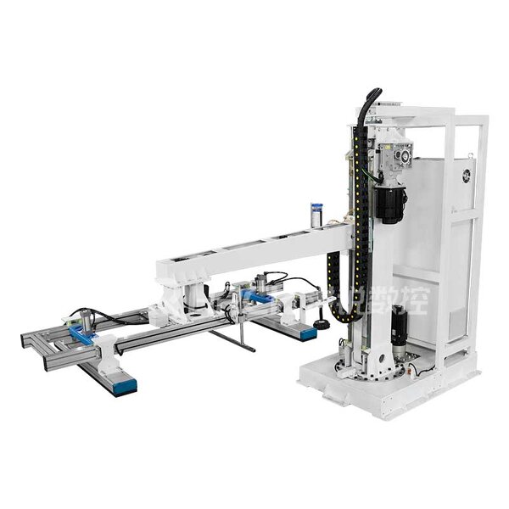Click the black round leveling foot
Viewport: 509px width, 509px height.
pos(321,325)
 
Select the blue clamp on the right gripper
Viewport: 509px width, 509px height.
pos(255,298)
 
